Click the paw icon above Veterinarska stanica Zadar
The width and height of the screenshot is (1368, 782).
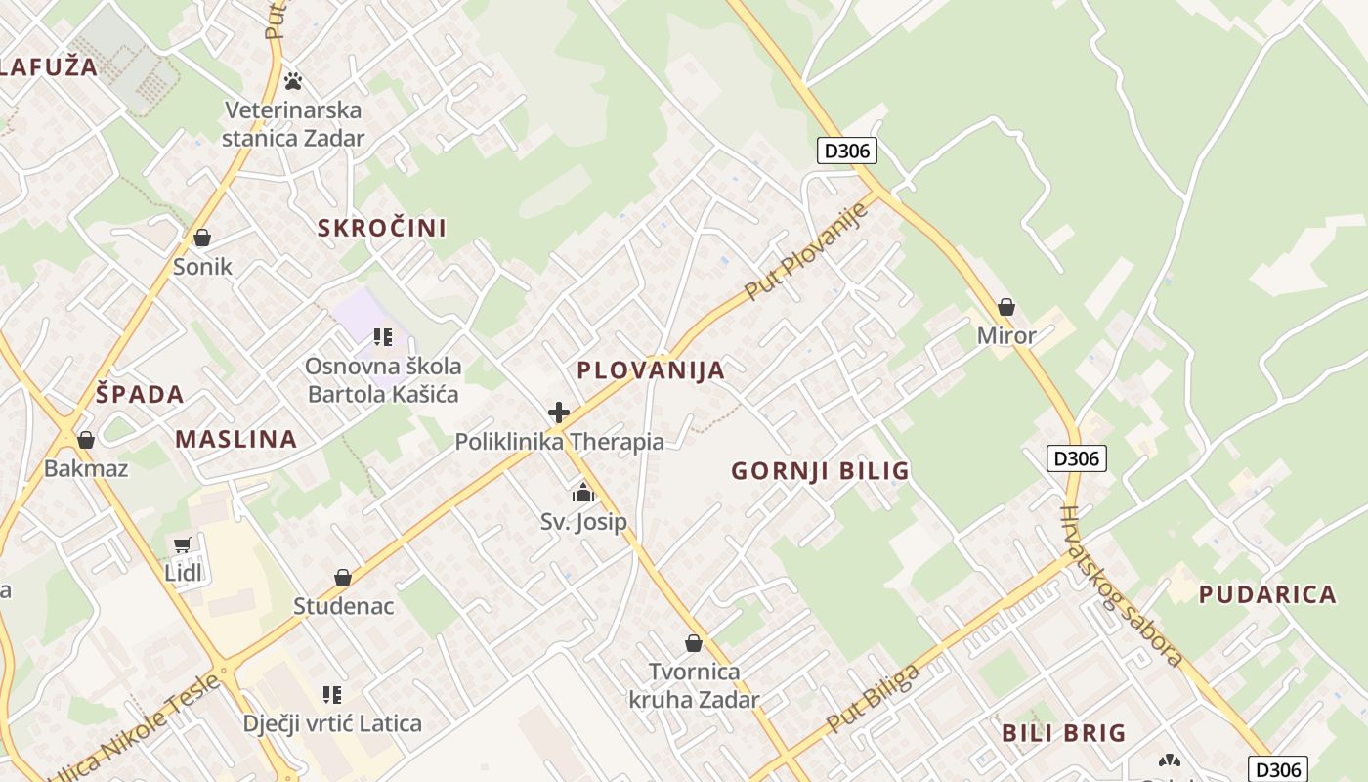pos(292,81)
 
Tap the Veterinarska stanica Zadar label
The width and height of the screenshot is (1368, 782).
pos(293,124)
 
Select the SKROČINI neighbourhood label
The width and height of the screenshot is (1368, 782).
pos(382,229)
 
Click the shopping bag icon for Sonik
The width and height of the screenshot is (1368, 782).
pos(202,238)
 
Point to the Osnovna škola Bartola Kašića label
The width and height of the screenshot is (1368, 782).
pos(383,380)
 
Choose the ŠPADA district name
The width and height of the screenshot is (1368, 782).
pos(141,395)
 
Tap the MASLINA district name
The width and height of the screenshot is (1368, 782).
pos(236,439)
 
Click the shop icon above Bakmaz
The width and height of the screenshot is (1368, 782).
pos(86,440)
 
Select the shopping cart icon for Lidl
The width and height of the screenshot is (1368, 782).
pos(183,544)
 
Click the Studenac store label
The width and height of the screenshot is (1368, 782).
pos(344,606)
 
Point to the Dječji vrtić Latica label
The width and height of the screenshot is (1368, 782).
pos(332,724)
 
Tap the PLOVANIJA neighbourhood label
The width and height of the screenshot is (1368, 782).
pos(651,370)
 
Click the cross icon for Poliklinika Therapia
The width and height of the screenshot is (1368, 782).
pos(559,413)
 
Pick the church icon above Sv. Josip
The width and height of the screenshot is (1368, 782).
pos(583,493)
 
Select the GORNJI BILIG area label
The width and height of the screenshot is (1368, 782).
pos(821,471)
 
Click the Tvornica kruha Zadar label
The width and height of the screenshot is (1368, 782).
pos(694,686)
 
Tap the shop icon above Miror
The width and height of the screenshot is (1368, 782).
pos(1006,307)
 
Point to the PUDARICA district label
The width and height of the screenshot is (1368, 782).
pos(1267,594)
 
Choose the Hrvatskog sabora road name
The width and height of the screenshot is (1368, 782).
pos(1122,586)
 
